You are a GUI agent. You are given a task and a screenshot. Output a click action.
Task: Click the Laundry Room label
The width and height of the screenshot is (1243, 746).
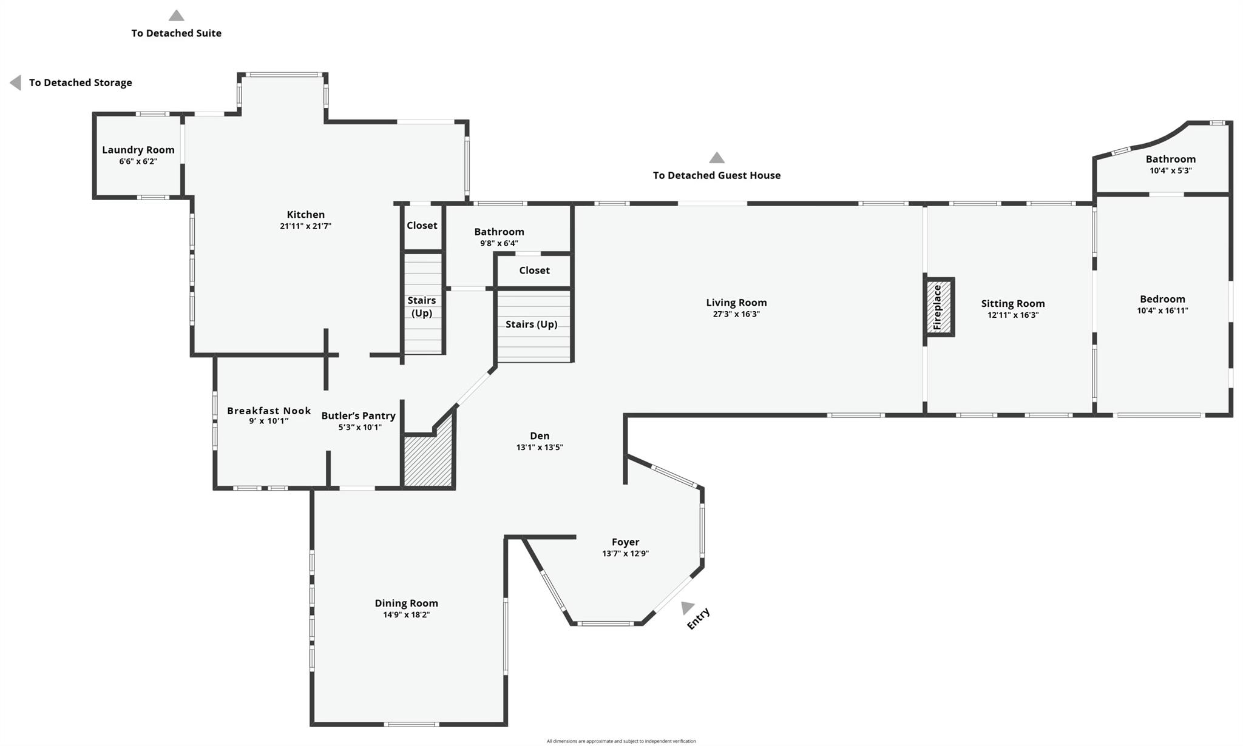[x=138, y=150]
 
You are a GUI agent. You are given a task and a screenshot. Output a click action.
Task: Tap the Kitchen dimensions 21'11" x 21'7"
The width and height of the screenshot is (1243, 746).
[x=305, y=226]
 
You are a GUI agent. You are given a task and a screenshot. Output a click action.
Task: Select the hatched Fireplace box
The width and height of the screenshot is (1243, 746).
[x=939, y=307]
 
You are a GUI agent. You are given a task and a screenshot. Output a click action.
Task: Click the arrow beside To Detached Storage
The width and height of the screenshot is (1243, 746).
[x=16, y=82]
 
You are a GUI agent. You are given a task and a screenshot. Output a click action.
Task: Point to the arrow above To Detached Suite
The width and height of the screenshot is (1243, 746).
[x=176, y=16]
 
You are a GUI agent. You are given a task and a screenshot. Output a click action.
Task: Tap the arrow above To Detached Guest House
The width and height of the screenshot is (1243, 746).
[x=717, y=158]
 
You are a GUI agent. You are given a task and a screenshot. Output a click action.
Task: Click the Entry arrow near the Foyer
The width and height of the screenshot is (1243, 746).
[x=687, y=607]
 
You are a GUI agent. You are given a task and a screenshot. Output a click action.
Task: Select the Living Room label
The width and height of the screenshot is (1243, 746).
[x=736, y=303]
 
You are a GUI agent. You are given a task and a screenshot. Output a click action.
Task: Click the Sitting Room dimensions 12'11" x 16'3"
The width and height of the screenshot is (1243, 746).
[x=1012, y=315]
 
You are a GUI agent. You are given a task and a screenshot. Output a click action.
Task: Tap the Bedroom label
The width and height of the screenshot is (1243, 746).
[x=1162, y=299]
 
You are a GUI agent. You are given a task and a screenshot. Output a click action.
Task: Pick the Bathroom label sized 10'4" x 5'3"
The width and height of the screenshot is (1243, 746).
[x=1170, y=160]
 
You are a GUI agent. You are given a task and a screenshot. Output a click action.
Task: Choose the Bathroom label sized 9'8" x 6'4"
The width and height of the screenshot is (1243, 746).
[x=499, y=232]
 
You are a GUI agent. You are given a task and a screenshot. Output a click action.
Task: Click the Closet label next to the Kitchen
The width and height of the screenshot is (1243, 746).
[x=422, y=226]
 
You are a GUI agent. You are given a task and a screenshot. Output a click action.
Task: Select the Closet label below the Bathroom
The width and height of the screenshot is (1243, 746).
[x=534, y=271]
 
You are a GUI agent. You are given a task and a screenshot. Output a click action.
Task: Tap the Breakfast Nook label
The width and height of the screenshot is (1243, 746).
[x=269, y=411]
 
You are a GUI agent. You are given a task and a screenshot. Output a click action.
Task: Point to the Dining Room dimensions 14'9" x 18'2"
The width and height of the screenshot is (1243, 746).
[x=406, y=615]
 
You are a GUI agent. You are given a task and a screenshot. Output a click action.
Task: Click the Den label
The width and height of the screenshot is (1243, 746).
[x=540, y=436]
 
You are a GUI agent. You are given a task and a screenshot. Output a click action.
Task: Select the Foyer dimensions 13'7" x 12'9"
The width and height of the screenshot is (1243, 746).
[x=625, y=554]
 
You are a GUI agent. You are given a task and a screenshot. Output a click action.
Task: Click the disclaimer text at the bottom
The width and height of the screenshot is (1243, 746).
[x=621, y=741]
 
